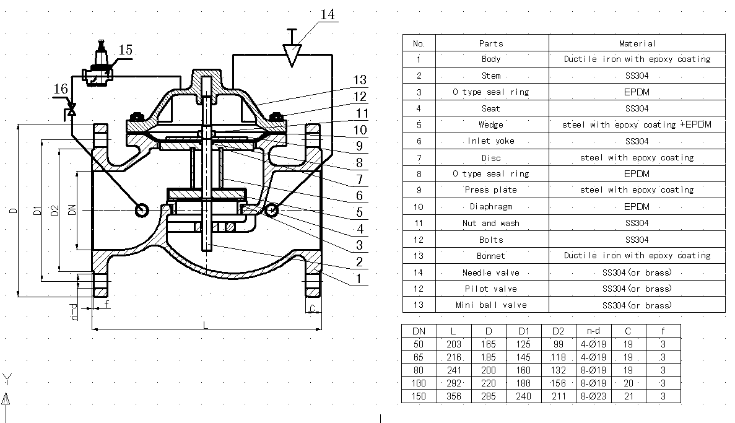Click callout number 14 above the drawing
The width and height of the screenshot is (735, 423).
click(327, 14)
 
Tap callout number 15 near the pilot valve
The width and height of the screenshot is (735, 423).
click(125, 50)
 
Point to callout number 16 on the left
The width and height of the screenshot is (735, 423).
click(61, 89)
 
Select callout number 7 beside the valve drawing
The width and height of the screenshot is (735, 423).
click(360, 180)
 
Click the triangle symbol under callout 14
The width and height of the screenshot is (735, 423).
click(292, 55)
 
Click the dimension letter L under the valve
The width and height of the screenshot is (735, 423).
click(205, 325)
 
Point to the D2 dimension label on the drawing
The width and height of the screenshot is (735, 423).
click(55, 211)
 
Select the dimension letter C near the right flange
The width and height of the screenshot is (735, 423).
click(313, 308)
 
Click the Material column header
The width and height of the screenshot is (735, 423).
click(637, 43)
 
